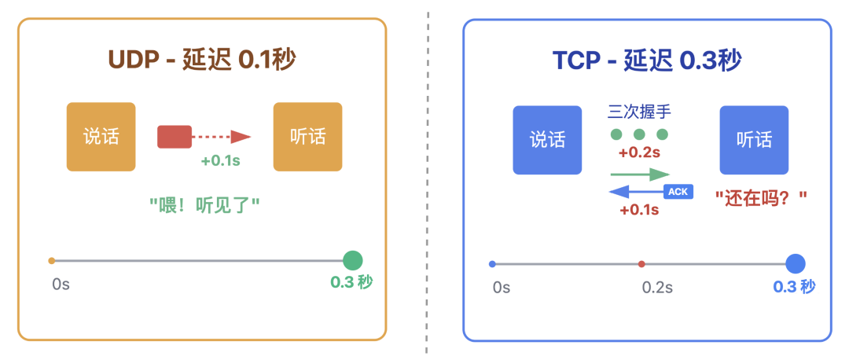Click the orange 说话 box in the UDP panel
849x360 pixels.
(101, 137)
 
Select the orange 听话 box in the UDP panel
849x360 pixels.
(307, 137)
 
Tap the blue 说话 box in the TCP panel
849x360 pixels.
(547, 140)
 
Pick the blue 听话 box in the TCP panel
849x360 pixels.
(754, 140)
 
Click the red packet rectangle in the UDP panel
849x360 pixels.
(175, 137)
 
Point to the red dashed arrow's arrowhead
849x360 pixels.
(241, 137)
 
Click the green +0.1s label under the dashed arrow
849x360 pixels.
(220, 161)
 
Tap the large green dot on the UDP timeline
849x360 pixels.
(352, 260)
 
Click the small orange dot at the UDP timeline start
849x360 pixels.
(51, 260)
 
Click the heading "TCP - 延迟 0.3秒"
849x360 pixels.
(647, 61)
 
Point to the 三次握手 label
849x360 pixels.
(639, 112)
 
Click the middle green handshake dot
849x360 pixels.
(639, 134)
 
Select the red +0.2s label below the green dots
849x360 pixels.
(639, 152)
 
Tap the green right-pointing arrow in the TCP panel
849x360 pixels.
(641, 174)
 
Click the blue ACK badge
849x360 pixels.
(678, 191)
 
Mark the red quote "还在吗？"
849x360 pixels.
(761, 198)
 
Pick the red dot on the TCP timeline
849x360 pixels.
(641, 264)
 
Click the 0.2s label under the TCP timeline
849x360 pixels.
(657, 287)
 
